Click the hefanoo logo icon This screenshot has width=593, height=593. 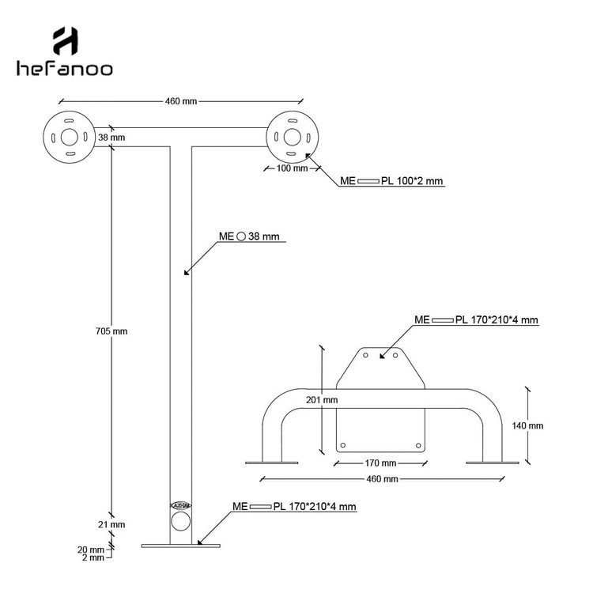65,40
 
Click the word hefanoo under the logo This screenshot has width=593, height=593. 65,69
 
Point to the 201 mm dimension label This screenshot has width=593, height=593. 323,400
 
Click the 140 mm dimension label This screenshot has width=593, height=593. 527,425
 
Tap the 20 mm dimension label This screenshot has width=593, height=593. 91,549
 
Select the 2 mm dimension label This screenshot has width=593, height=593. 93,558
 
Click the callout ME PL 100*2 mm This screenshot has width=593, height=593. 391,181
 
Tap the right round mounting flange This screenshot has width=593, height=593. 291,135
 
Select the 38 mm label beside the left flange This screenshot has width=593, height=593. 111,138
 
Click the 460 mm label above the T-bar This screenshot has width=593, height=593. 180,101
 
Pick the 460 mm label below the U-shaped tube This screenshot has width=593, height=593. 381,479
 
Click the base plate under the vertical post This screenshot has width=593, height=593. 181,545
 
